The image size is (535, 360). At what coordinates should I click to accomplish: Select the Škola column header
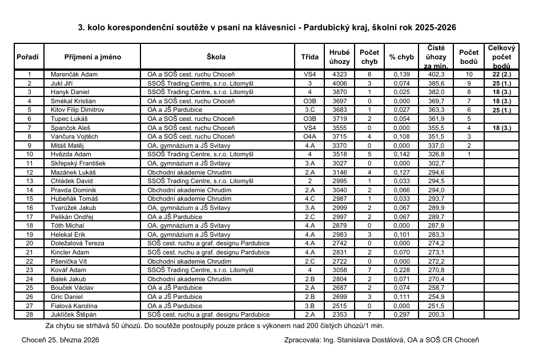tap(216, 57)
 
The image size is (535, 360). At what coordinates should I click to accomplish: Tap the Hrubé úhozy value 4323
tap(339, 75)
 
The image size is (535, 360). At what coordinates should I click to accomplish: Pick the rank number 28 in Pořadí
tap(30, 314)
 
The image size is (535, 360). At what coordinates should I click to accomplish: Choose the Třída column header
tap(310, 57)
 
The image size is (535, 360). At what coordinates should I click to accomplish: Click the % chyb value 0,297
tap(401, 314)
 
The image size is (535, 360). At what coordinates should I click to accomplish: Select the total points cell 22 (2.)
tap(501, 75)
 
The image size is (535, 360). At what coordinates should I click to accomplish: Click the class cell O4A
tap(310, 137)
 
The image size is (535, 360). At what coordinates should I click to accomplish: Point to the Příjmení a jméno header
tap(92, 57)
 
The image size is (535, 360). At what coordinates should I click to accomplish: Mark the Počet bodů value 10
tap(469, 75)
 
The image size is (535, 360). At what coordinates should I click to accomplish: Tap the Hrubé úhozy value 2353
tap(339, 314)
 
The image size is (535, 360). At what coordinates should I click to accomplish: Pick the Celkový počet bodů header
tap(501, 57)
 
